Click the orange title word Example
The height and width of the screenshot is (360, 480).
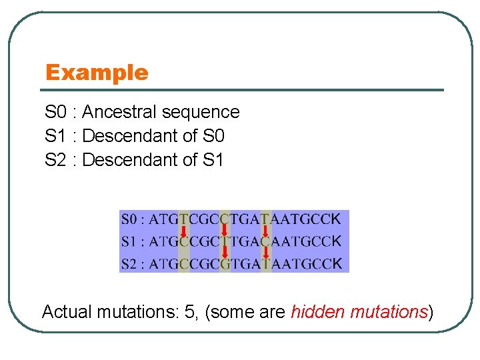click(97, 72)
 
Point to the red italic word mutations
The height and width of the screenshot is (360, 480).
click(388, 311)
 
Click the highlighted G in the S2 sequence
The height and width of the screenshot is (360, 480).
click(225, 264)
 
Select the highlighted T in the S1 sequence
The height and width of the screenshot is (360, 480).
click(225, 241)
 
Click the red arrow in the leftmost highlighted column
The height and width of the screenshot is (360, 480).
click(184, 231)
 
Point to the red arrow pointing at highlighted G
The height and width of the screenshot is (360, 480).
click(225, 252)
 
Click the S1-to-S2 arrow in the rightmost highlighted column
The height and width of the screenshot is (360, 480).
click(266, 252)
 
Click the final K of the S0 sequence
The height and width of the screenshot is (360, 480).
click(336, 219)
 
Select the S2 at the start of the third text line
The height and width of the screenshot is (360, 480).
click(55, 160)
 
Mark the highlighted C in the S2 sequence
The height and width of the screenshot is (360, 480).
click(184, 264)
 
